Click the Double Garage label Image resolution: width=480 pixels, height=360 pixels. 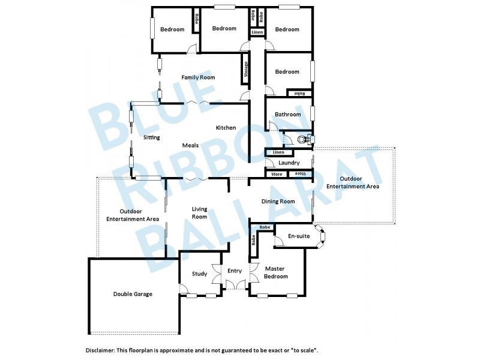[133, 294]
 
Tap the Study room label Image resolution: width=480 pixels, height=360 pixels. [200, 274]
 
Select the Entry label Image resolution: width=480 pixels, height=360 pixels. [234, 271]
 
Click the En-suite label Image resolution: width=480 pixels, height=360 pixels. [299, 236]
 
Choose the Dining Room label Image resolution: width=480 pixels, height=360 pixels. [278, 202]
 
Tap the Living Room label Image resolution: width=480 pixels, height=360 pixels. [199, 212]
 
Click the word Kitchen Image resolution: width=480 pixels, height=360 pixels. [226, 128]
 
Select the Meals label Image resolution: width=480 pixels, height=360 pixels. [191, 145]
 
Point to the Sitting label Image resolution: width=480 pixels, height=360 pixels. [151, 137]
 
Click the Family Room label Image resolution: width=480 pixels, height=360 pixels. [198, 77]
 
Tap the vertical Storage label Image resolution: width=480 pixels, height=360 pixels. [245, 67]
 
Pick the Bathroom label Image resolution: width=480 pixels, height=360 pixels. [287, 115]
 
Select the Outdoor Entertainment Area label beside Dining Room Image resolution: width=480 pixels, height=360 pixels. [352, 182]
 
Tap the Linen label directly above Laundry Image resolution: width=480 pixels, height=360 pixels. [277, 153]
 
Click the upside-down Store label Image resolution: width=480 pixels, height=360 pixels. [299, 174]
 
